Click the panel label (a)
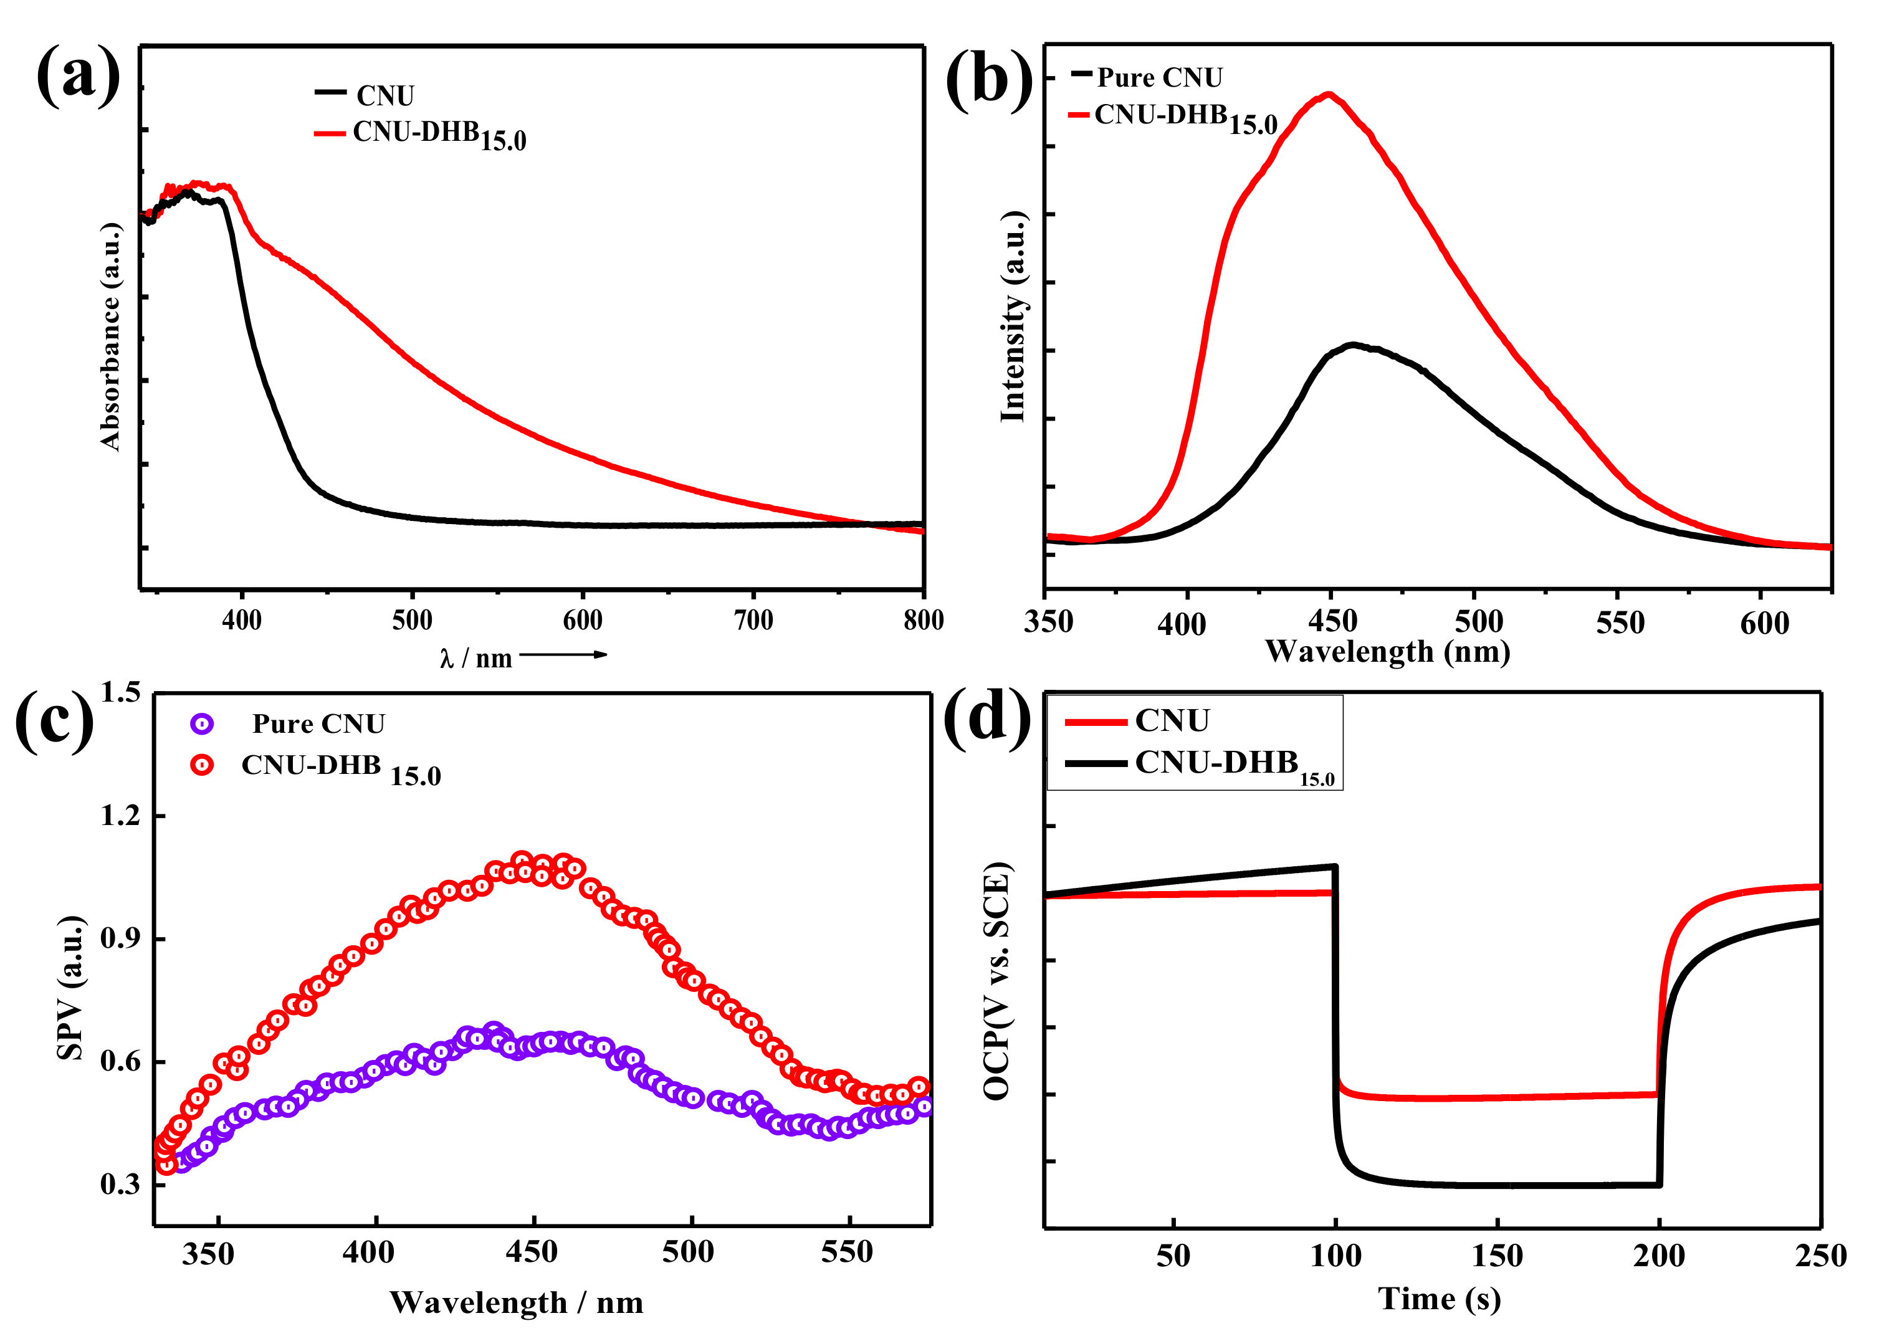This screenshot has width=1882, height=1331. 79,75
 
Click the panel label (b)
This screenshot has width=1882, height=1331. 990,80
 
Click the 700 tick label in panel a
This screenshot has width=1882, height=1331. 753,621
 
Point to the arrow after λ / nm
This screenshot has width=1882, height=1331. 564,654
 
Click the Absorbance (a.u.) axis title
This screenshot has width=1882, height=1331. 111,336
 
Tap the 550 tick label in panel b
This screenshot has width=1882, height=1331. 1620,624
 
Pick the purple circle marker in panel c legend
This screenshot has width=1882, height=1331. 202,723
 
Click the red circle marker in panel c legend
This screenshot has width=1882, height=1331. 202,765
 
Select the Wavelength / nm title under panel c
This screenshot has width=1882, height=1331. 517,1302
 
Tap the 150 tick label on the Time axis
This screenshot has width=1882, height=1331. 1497,1256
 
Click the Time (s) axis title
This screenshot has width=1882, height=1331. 1440,1299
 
